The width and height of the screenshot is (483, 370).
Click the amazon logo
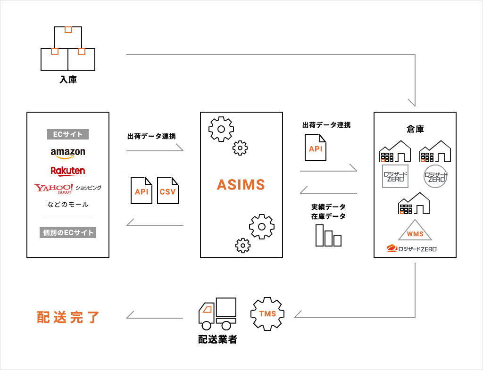tap(68, 152)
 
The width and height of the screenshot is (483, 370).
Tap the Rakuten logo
tap(68, 171)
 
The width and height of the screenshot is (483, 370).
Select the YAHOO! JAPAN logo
tap(54, 189)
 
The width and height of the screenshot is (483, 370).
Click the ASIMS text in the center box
tap(241, 185)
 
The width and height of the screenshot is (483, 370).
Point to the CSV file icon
tap(168, 190)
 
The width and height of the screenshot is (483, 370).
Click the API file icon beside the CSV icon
tap(142, 190)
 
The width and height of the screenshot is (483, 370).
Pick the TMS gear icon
tap(267, 313)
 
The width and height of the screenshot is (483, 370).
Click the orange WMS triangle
tap(415, 232)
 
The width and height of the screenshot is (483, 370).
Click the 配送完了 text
tap(68, 317)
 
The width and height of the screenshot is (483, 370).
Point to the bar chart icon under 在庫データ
tap(328, 235)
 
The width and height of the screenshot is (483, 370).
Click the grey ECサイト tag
tap(68, 134)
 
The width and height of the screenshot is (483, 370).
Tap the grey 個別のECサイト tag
tap(68, 232)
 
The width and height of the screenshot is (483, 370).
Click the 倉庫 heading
tap(415, 129)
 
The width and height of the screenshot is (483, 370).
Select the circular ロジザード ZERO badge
tap(435, 176)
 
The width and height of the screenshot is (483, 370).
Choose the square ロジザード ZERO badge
tap(395, 176)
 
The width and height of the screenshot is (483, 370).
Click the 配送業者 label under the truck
tap(217, 339)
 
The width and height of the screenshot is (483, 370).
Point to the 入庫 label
tap(68, 80)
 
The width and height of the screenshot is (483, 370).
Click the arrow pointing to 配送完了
tap(155, 317)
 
